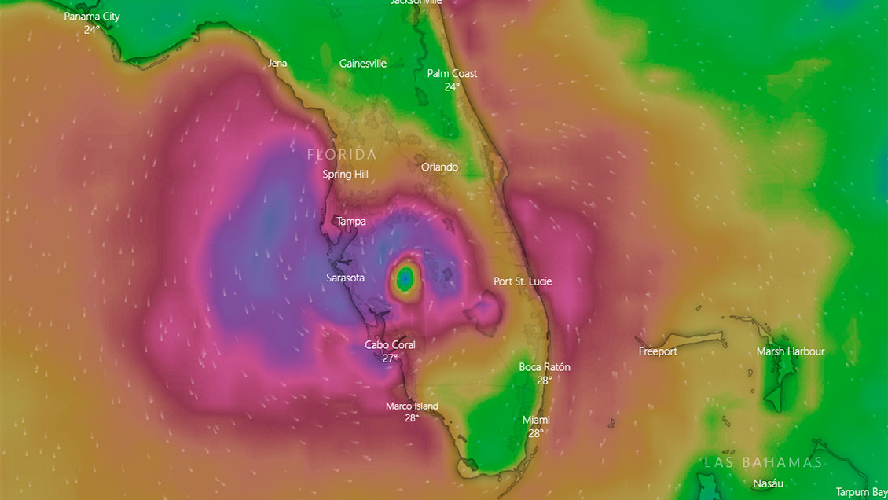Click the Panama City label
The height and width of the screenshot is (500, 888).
pos(92,17)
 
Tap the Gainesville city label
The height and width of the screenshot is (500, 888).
pos(363,64)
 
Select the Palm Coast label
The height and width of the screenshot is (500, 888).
pos(452,74)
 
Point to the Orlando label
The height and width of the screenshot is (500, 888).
pos(439,167)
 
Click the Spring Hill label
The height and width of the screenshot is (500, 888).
pos(345,175)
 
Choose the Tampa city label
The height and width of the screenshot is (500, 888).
pos(351,222)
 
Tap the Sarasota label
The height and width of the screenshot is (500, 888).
pos(345,278)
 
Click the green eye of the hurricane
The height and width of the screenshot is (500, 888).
pos(405,277)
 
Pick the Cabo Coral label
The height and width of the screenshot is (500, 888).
pos(390,345)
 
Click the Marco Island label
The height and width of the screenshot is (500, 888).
pos(412,406)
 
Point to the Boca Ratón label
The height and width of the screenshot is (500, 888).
pos(545,367)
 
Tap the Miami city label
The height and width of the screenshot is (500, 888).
pos(536,421)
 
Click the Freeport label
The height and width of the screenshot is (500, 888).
pos(658,351)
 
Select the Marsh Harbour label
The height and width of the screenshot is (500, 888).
pos(791,351)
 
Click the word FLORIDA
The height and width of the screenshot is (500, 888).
pos(342,155)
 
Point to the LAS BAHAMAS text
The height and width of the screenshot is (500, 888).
pos(762,462)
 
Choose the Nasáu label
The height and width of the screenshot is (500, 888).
pos(767,483)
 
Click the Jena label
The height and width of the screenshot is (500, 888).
pos(277,64)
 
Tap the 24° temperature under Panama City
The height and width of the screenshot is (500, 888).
pos(92,30)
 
